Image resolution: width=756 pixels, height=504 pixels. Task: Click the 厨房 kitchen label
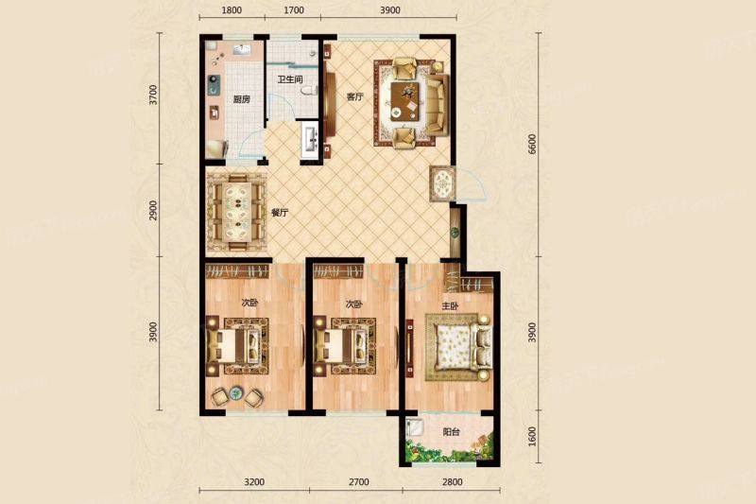pos(242,99)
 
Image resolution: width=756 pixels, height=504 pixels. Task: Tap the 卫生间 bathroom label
pos(290,79)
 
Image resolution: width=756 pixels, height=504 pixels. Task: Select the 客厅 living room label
pos(355,97)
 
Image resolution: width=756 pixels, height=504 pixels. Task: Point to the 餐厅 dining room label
pos(280,213)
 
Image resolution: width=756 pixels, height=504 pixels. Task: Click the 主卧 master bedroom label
pos(451,305)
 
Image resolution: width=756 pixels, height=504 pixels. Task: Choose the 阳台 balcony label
pos(451,432)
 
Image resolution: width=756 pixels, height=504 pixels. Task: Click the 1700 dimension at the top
pos(294,9)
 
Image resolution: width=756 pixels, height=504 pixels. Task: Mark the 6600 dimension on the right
pos(532,144)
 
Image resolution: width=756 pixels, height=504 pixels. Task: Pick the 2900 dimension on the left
pos(153,210)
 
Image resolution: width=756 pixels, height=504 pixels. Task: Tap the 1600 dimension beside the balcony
pos(532,437)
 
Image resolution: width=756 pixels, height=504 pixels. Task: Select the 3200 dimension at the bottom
pos(254,481)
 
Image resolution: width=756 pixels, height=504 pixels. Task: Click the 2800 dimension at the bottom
pos(452,481)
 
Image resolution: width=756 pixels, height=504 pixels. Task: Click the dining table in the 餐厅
pos(236,212)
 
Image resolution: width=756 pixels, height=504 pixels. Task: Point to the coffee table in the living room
pos(404,100)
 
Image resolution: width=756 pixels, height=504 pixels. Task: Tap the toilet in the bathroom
pos(309,90)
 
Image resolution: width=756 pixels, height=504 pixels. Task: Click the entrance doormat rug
pos(442,183)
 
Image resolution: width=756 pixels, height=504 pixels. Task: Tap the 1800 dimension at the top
pos(232,9)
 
